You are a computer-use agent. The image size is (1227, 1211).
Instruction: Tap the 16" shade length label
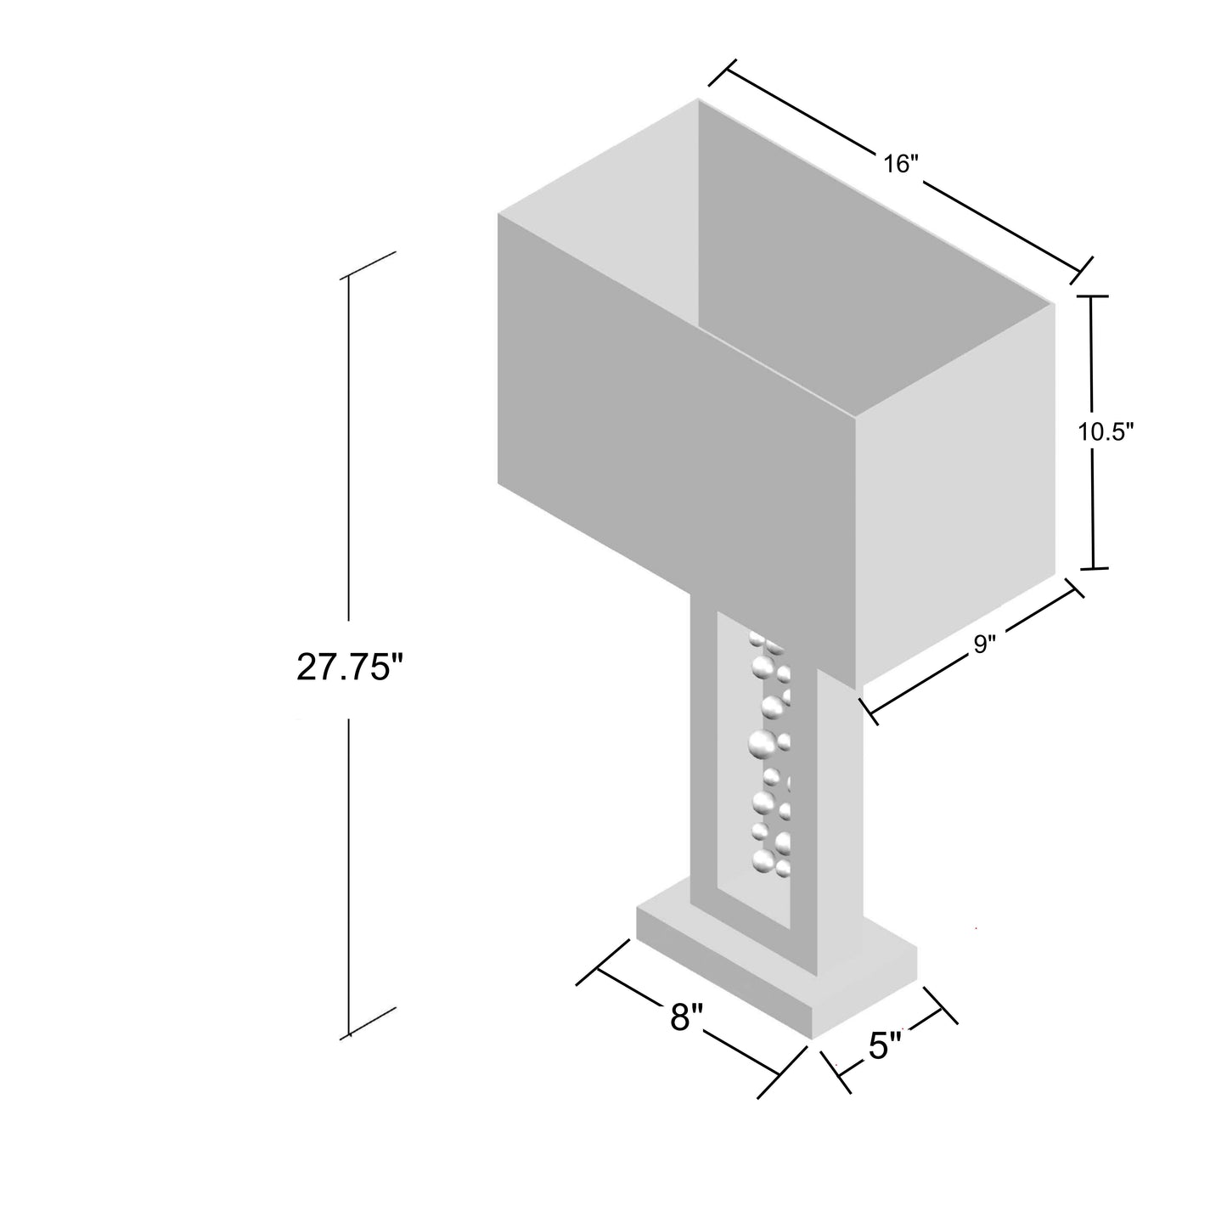(897, 164)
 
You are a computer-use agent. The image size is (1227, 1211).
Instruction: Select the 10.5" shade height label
(1106, 431)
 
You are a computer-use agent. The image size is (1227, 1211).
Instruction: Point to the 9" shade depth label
(983, 645)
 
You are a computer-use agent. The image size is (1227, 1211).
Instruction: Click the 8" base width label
(686, 1016)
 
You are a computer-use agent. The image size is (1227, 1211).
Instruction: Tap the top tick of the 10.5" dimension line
(1091, 296)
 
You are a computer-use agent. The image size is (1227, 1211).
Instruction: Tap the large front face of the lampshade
(675, 442)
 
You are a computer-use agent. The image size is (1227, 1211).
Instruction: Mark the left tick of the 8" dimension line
(597, 967)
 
